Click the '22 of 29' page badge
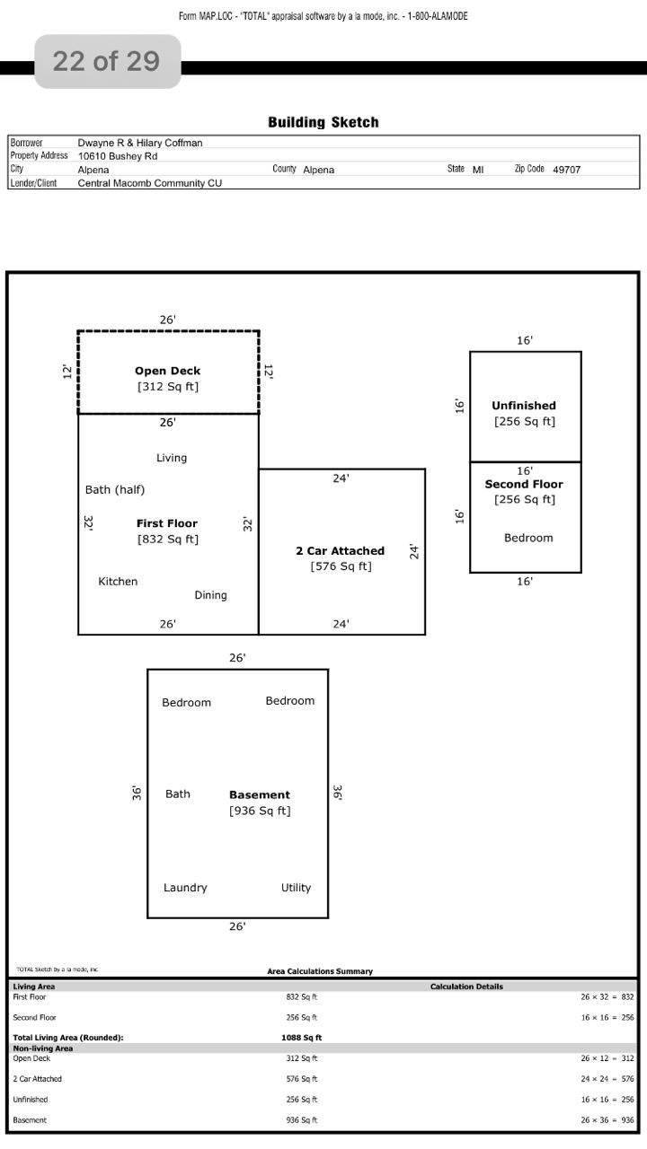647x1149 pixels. pyautogui.click(x=107, y=62)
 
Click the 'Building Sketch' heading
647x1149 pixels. pyautogui.click(x=323, y=122)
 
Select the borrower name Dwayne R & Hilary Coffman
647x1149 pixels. pyautogui.click(x=140, y=143)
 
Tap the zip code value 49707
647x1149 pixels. pyautogui.click(x=566, y=170)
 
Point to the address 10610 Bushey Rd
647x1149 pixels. pyautogui.click(x=118, y=156)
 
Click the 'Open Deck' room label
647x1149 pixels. pyautogui.click(x=167, y=371)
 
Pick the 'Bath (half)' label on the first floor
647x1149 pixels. pyautogui.click(x=115, y=490)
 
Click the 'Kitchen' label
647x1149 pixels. pyautogui.click(x=118, y=581)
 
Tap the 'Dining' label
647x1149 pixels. pyautogui.click(x=210, y=595)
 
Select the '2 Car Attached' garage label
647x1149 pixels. pyautogui.click(x=340, y=551)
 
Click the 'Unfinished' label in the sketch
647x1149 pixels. pyautogui.click(x=524, y=406)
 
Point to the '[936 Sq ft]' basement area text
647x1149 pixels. pyautogui.click(x=260, y=811)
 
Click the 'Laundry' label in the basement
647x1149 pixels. pyautogui.click(x=185, y=888)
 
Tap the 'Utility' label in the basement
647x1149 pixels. pyautogui.click(x=296, y=888)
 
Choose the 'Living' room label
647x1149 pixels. pyautogui.click(x=172, y=458)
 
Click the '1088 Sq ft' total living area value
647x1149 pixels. pyautogui.click(x=301, y=1037)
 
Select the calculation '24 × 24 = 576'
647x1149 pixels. pyautogui.click(x=607, y=1079)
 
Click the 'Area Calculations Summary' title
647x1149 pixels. pyautogui.click(x=320, y=971)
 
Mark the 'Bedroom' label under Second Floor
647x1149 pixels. pyautogui.click(x=528, y=538)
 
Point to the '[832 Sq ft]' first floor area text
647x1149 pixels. pyautogui.click(x=168, y=539)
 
